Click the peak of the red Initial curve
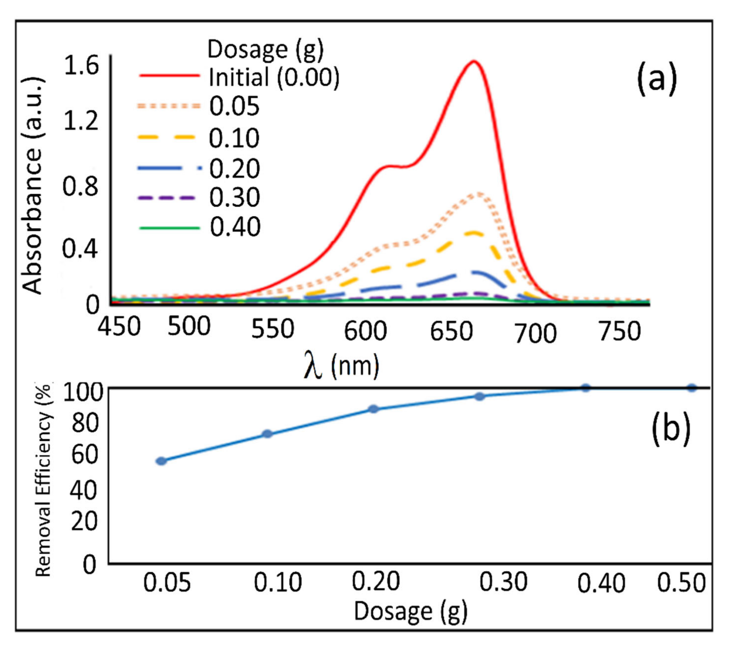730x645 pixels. [474, 62]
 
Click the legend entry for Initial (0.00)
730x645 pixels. [274, 77]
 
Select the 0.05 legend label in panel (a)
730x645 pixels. [234, 107]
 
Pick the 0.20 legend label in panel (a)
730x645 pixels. [234, 169]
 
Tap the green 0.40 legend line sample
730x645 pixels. [169, 228]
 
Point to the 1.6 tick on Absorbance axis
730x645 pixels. [81, 66]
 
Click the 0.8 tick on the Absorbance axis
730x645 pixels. [80, 186]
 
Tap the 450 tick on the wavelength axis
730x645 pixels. [119, 326]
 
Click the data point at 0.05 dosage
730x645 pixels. [161, 461]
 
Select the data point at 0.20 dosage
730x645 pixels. [374, 409]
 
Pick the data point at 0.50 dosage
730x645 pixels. [692, 388]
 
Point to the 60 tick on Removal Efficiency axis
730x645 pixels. [84, 454]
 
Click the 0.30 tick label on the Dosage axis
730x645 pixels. [503, 582]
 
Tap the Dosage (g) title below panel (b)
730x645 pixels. [410, 611]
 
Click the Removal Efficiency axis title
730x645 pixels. [43, 481]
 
